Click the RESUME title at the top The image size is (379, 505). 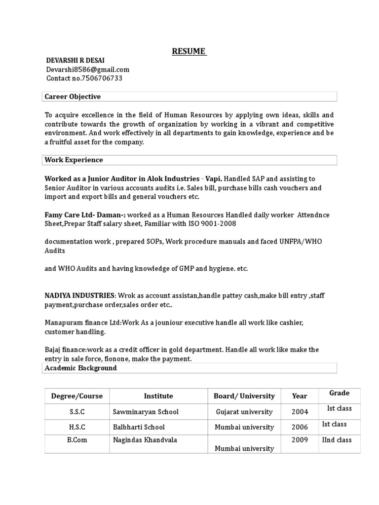(189, 51)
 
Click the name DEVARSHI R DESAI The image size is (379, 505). (76, 60)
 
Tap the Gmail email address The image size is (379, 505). (88, 70)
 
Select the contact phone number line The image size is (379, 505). (84, 78)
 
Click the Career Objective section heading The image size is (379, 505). (73, 96)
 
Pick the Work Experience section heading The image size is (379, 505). (74, 160)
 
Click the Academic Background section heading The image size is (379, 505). (81, 368)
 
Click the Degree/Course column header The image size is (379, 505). (77, 396)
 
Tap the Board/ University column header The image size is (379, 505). (244, 396)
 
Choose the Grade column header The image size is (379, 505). (340, 393)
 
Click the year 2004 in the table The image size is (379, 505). (300, 411)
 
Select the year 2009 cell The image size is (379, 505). (300, 440)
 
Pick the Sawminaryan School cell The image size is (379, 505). (146, 411)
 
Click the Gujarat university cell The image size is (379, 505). (244, 411)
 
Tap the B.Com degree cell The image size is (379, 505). (77, 440)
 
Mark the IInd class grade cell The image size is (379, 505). (337, 439)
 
